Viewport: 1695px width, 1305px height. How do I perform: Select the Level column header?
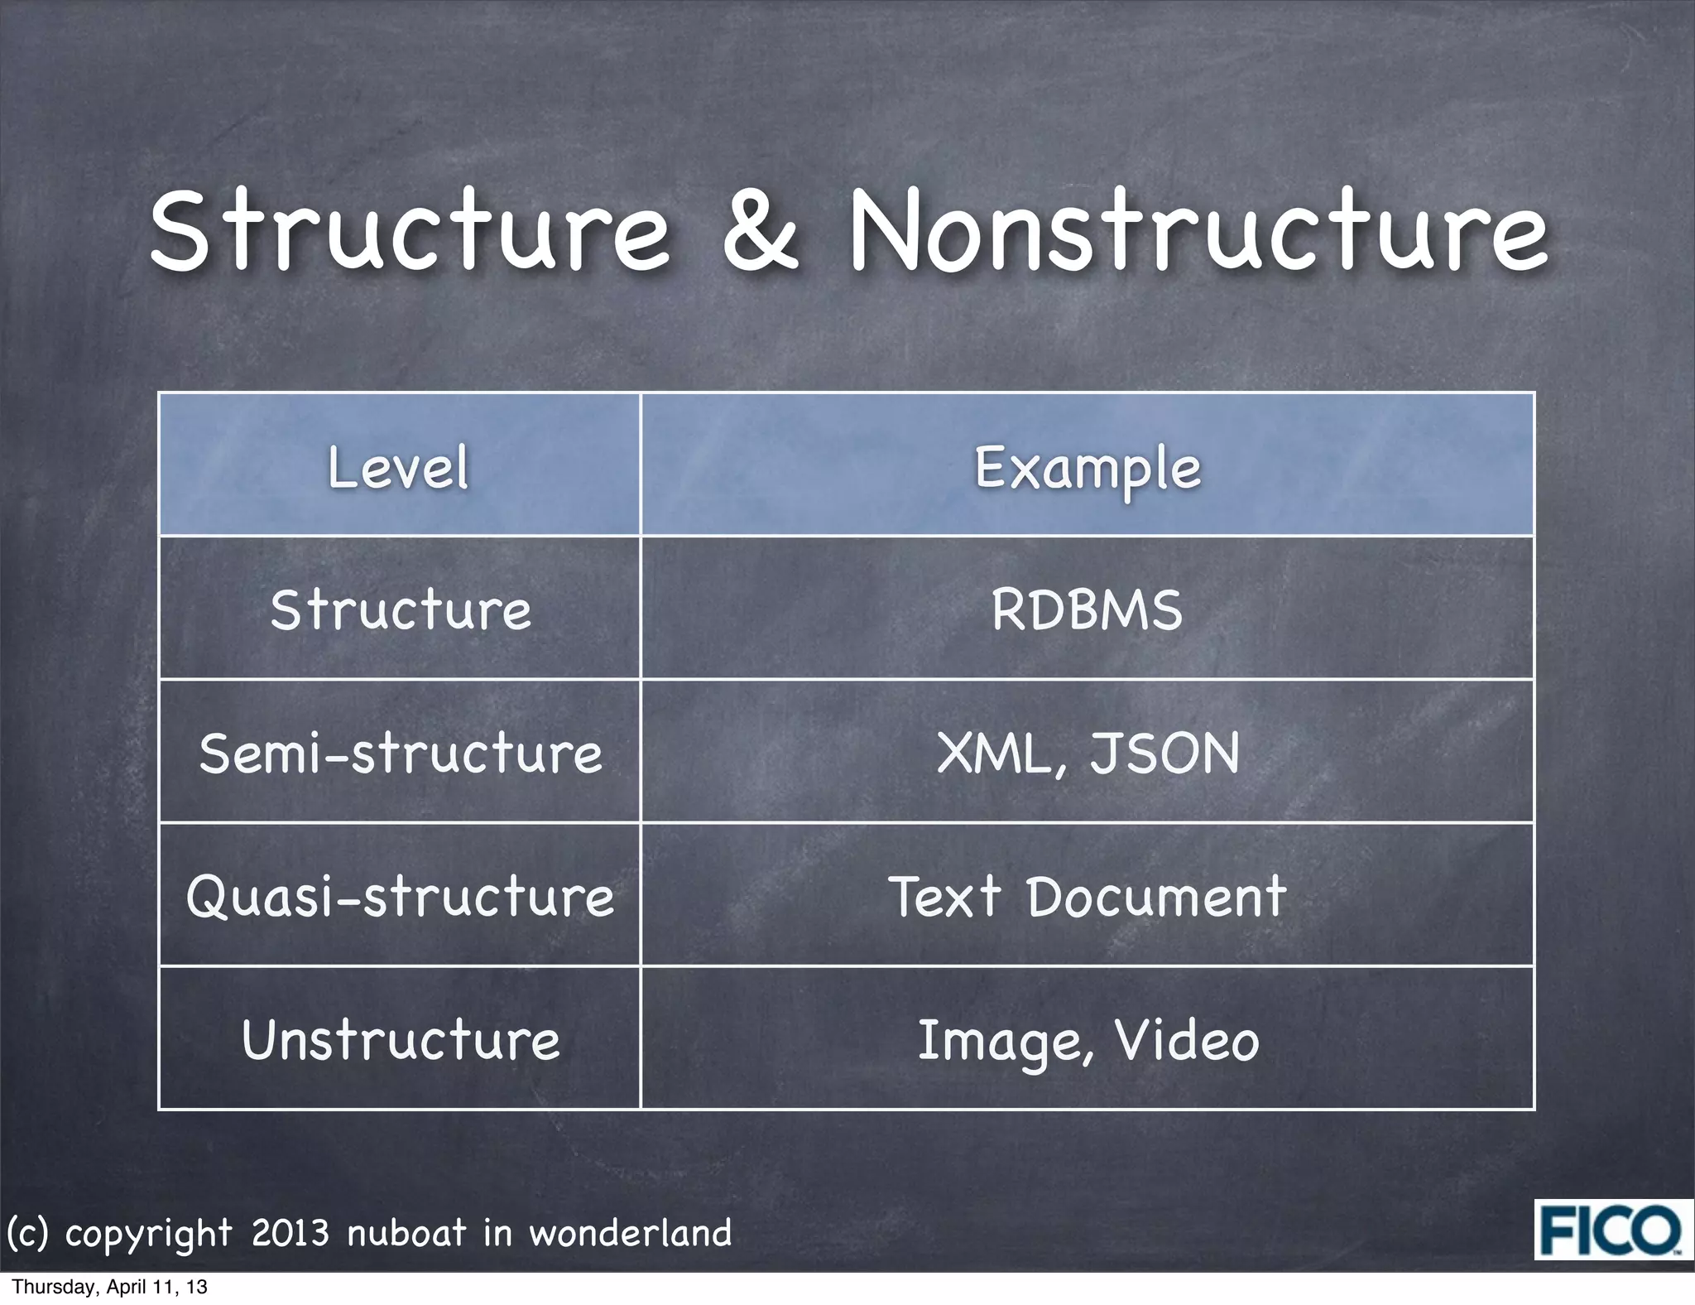[x=399, y=467]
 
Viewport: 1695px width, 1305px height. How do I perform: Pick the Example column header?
[x=1088, y=469]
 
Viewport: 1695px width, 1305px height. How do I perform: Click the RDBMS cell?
[x=1088, y=610]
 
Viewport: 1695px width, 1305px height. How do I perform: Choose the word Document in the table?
[x=1157, y=897]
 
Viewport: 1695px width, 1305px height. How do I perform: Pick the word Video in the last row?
[x=1187, y=1040]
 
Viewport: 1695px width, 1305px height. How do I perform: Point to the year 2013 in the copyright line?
[x=290, y=1234]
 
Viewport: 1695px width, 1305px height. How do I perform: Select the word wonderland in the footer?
[x=631, y=1234]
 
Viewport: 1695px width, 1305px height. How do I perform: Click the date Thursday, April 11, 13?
[x=110, y=1288]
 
